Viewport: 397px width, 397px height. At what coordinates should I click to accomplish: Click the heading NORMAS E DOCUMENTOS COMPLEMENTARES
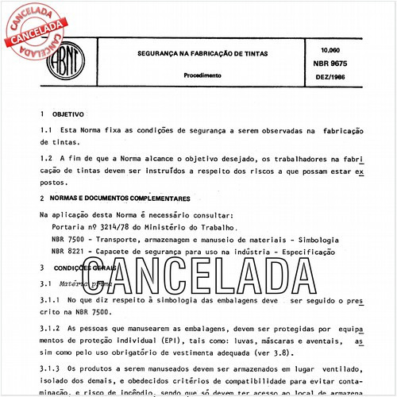tap(120, 198)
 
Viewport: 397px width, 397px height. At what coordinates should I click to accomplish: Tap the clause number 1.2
tap(46, 159)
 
